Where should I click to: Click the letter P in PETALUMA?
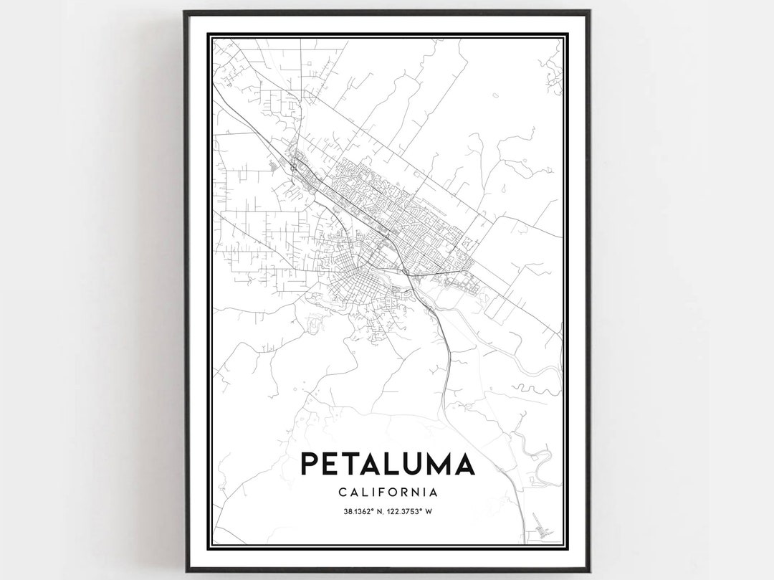coord(309,465)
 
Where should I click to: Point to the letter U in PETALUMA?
coord(406,465)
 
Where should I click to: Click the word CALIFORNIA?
coord(387,493)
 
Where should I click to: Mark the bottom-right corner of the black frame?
coord(589,571)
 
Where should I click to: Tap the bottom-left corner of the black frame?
coord(185,571)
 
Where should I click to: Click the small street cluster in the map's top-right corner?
coord(552,75)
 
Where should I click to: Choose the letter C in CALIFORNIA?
coord(340,493)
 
